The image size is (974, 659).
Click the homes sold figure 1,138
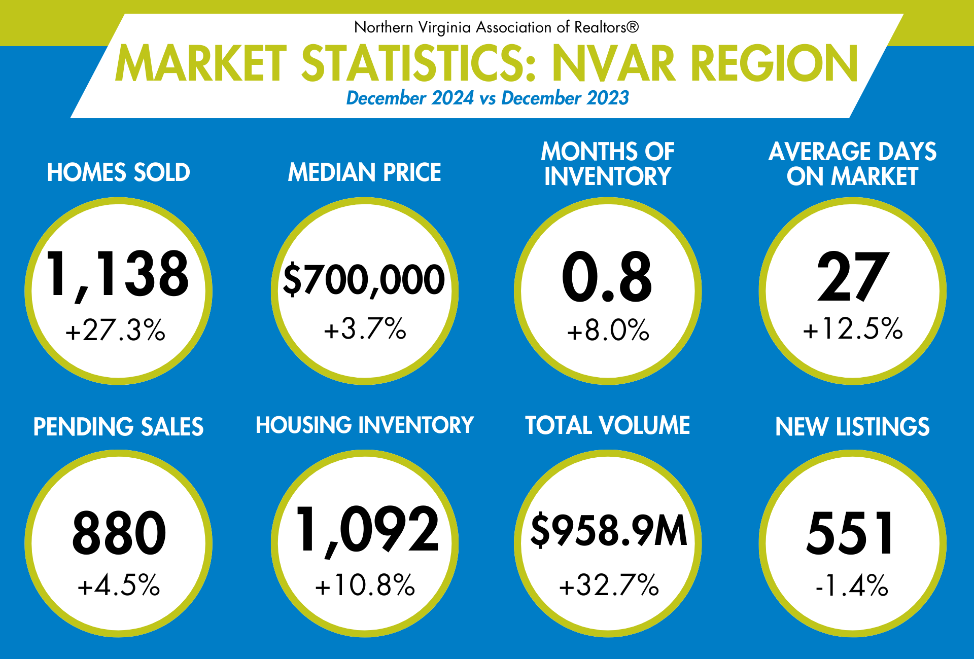click(118, 275)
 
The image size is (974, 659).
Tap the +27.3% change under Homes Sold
click(116, 330)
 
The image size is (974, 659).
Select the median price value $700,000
click(364, 279)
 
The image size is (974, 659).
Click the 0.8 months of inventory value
click(607, 277)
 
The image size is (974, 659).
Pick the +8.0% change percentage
click(608, 330)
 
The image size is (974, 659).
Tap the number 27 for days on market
click(853, 276)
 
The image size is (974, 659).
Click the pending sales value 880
click(119, 533)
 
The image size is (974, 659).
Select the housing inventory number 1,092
click(366, 530)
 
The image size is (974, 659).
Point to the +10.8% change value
click(365, 585)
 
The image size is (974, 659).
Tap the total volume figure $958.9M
click(608, 530)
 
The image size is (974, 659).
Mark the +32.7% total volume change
click(609, 585)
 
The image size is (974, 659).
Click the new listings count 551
click(851, 533)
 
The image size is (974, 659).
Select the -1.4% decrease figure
click(852, 586)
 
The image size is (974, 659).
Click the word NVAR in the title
click(614, 63)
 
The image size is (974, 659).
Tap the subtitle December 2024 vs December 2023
click(487, 98)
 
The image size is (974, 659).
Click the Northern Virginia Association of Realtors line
click(496, 27)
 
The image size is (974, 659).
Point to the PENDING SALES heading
click(118, 427)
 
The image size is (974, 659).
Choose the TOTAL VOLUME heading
click(607, 425)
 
